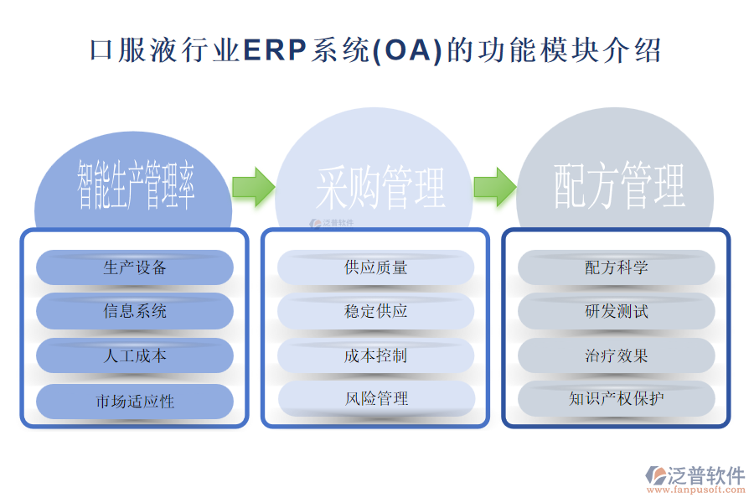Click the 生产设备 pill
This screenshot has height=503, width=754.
pos(135,267)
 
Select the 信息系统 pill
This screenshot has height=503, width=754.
pos(135,311)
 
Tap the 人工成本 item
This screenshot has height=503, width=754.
pos(135,355)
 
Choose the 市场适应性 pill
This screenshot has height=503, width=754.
pos(135,401)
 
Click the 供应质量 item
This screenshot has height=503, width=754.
pos(375,267)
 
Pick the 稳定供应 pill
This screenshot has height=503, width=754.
pos(375,311)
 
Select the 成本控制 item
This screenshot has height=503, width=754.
pos(375,355)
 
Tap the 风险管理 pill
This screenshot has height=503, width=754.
pos(375,398)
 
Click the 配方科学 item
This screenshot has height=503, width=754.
pos(616,267)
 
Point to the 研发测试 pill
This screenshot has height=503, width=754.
pos(616,311)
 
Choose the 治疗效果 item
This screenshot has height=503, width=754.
pos(616,355)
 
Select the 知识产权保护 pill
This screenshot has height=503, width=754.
pos(616,398)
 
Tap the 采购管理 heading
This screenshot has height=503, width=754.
pos(380,186)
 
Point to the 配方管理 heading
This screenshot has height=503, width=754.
pos(619,186)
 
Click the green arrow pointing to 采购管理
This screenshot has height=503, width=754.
pos(253,186)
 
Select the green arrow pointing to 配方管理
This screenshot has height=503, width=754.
pos(494,186)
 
